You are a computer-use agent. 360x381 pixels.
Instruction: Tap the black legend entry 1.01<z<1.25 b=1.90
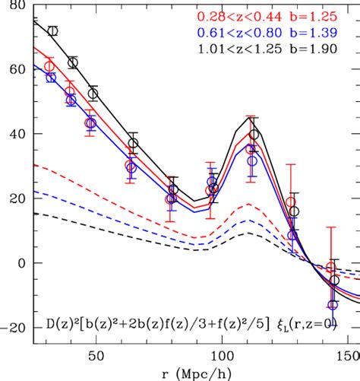click(x=283, y=51)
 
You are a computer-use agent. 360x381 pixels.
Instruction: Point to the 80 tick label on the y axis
click(x=15, y=6)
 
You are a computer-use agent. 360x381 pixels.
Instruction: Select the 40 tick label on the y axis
click(x=15, y=134)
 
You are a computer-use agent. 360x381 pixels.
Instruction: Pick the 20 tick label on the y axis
click(x=15, y=198)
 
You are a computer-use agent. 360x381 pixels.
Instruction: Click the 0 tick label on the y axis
click(x=21, y=263)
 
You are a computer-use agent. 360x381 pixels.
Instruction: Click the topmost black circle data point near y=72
click(x=52, y=31)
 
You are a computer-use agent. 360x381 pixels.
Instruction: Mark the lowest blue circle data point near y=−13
click(x=332, y=305)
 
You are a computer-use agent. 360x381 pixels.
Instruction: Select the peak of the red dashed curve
click(x=245, y=205)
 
